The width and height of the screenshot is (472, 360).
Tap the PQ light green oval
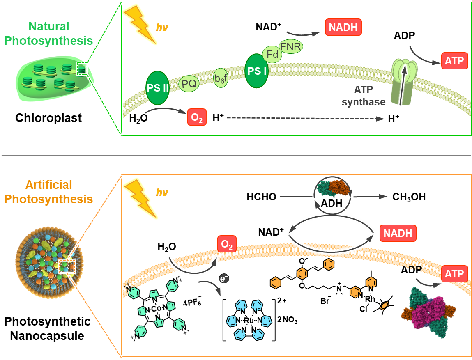pos(189,85)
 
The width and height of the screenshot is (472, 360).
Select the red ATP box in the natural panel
pos(454,62)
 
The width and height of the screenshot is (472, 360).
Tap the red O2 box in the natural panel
pos(197,118)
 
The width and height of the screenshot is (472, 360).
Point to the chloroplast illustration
pos(56,76)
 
